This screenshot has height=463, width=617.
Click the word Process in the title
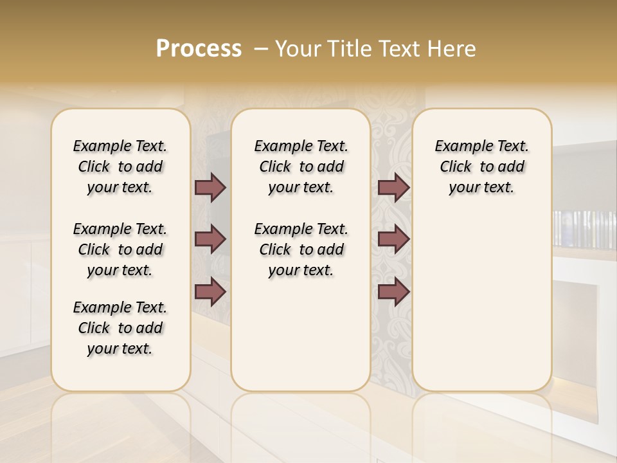pos(199,49)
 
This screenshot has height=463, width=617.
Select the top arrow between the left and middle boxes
pos(210,188)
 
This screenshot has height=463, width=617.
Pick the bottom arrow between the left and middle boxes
pos(210,292)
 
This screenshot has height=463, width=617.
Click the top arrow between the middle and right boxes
pos(393,188)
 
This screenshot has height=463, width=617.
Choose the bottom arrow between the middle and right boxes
pos(393,292)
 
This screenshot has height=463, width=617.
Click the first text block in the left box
pos(120,167)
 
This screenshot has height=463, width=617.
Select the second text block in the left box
pos(120,250)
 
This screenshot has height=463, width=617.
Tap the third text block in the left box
pos(120,328)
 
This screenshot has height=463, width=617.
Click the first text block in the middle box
pos(301,167)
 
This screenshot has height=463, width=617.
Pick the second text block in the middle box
pos(301,250)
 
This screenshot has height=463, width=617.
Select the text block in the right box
pos(481,167)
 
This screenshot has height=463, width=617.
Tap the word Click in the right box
pos(456,167)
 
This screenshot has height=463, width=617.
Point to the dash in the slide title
pos(261,49)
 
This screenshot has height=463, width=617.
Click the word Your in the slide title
pos(298,49)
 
